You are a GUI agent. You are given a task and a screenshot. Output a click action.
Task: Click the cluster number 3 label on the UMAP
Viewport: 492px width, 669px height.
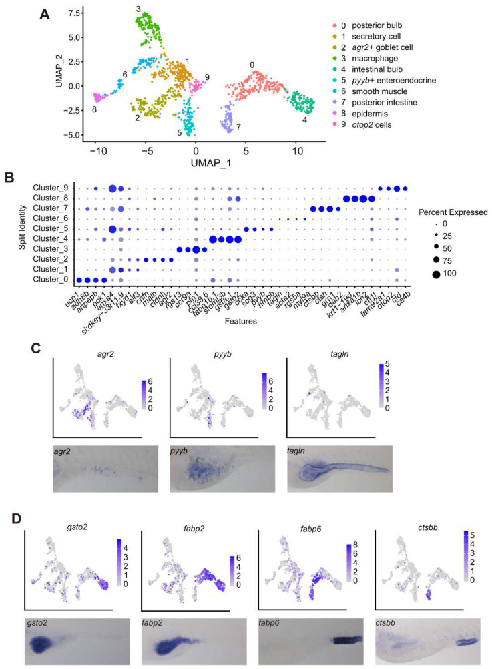(x=138, y=9)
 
